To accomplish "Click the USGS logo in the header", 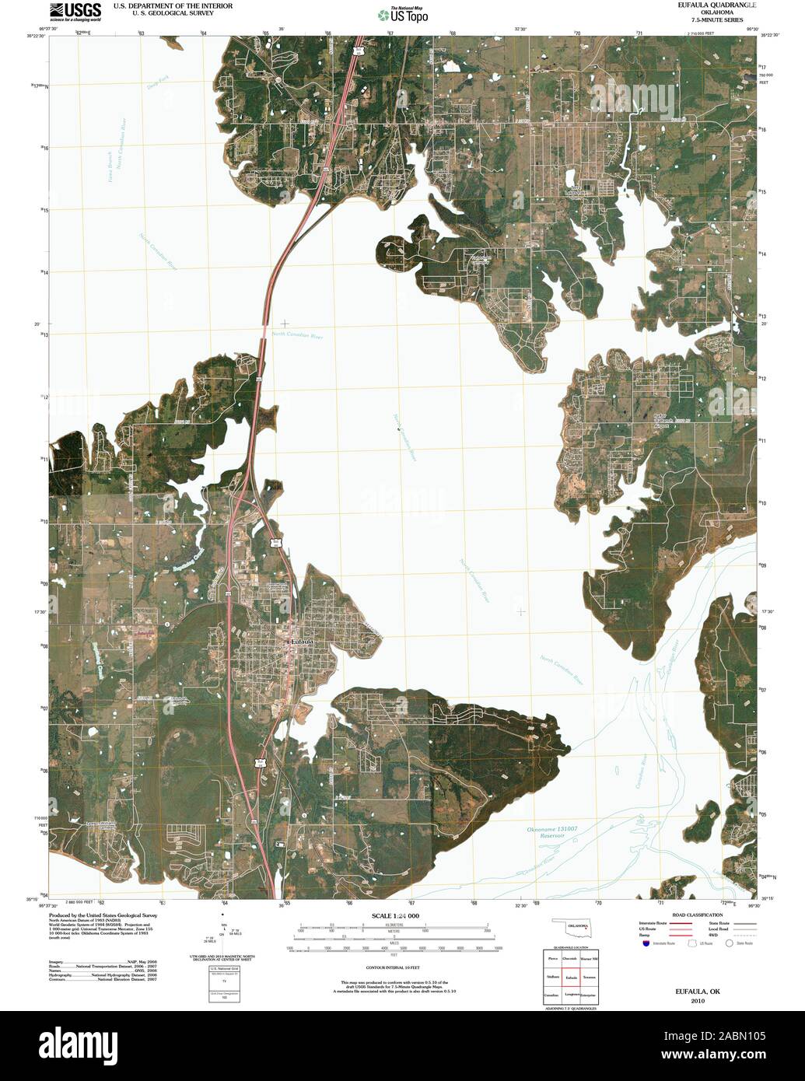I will (x=75, y=11).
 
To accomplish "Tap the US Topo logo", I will (x=402, y=15).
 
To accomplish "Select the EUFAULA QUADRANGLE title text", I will (x=706, y=5).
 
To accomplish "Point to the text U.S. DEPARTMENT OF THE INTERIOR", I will (x=173, y=5).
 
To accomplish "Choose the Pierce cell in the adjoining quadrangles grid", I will (x=554, y=958).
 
